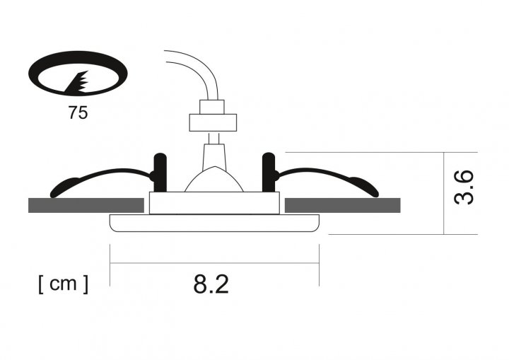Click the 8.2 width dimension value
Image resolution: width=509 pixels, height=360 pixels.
pyautogui.click(x=211, y=284)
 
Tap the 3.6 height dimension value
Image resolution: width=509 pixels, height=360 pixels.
pyautogui.click(x=464, y=187)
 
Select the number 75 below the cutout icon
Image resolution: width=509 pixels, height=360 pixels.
pyautogui.click(x=78, y=112)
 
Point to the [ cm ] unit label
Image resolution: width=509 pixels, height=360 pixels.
pyautogui.click(x=64, y=284)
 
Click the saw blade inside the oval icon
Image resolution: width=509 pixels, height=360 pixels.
pyautogui.click(x=78, y=83)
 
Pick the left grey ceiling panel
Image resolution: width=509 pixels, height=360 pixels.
pyautogui.click(x=86, y=205)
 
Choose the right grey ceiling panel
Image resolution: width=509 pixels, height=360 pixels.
pyautogui.click(x=342, y=205)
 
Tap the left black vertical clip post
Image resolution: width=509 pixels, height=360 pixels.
pyautogui.click(x=160, y=173)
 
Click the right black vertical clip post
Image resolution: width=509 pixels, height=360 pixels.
pyautogui.click(x=269, y=173)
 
